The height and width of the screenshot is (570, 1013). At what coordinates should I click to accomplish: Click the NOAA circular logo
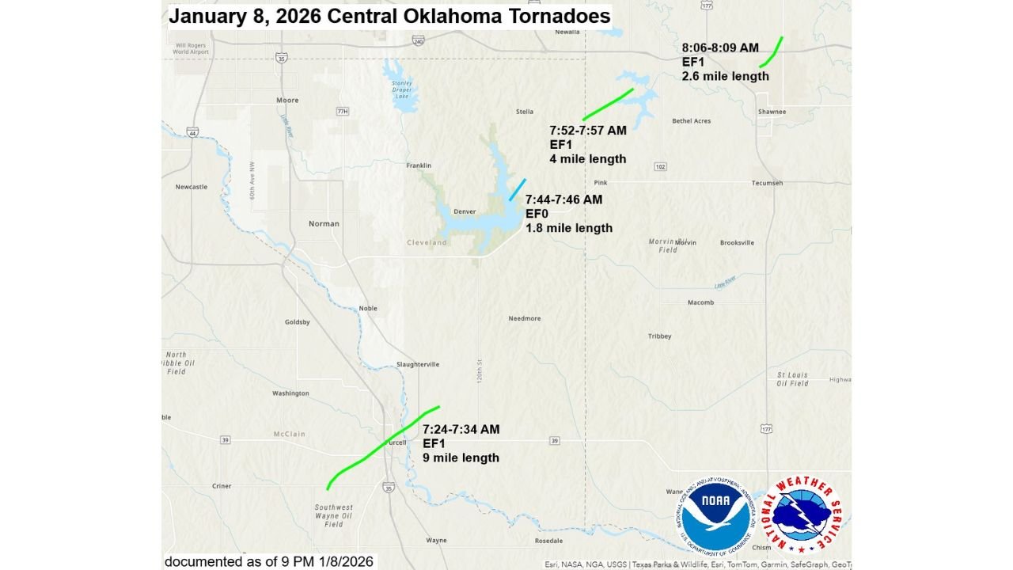[x=717, y=516]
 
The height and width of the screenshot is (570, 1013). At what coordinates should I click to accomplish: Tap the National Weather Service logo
[x=802, y=516]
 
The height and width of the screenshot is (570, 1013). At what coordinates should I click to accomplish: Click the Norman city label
[x=324, y=224]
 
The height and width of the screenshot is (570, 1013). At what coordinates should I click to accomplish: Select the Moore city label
[x=287, y=101]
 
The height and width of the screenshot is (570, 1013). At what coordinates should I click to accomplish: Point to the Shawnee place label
[x=772, y=112]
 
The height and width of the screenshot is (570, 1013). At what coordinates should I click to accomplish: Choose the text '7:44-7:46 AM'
[x=563, y=199]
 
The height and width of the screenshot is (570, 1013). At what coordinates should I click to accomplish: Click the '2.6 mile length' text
[x=725, y=77]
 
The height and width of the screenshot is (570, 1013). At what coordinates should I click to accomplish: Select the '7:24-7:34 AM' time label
[x=461, y=429]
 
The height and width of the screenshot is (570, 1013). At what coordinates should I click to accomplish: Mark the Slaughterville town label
[x=418, y=364]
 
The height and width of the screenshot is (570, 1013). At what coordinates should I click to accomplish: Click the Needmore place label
[x=525, y=318]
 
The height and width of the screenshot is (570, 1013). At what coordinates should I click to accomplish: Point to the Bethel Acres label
[x=691, y=121]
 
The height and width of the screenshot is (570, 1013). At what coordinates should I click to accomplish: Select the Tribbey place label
[x=659, y=336]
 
